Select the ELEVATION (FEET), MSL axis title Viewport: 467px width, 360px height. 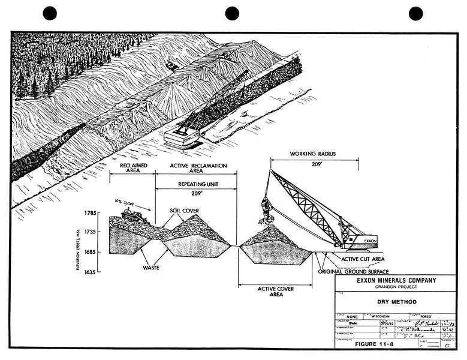pos(79,242)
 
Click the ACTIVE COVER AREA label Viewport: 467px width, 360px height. pos(276,292)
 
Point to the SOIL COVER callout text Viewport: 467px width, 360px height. pos(185,211)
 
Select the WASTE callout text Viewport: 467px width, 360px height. pos(151,268)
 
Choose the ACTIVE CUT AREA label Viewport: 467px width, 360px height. pos(363,259)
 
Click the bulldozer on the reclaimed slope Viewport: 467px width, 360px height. pos(135,216)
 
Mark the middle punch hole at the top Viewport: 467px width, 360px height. pos(232,13)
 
